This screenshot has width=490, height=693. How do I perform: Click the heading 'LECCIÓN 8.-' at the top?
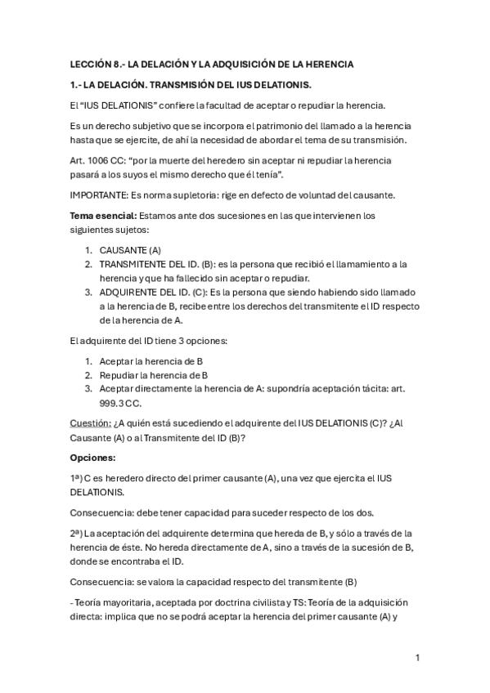(x=97, y=64)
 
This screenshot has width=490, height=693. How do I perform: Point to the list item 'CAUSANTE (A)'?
(x=130, y=249)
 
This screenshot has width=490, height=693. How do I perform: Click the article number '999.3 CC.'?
(x=120, y=402)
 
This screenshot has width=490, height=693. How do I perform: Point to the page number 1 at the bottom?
(x=417, y=657)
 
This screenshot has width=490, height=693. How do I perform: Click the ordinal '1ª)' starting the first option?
(x=79, y=478)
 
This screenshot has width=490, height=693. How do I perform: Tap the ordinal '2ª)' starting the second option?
(x=79, y=532)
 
